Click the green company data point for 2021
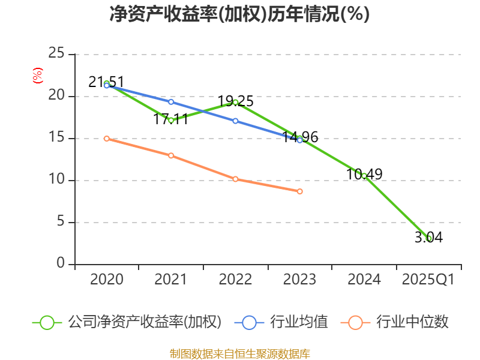click(171, 120)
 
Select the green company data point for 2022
click(235, 102)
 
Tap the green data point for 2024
click(364, 176)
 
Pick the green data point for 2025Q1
click(428, 238)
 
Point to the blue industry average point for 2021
click(171, 102)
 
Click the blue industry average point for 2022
click(235, 121)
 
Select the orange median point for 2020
click(107, 139)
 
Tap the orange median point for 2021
click(171, 155)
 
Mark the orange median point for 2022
click(235, 179)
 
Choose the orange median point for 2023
click(300, 191)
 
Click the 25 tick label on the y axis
click(56, 54)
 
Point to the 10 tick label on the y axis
click(56, 180)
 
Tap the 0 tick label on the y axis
click(61, 264)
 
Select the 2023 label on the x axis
click(299, 280)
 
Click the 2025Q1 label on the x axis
click(428, 280)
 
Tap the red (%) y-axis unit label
click(37, 76)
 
